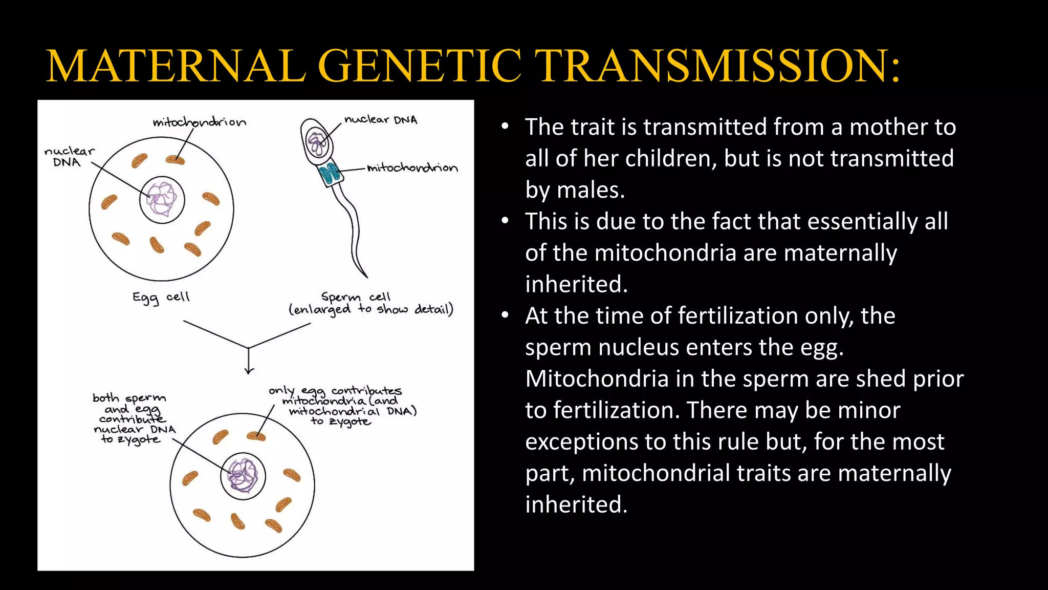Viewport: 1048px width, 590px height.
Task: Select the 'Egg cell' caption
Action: click(x=161, y=298)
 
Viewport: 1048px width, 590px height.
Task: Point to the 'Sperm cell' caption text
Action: click(x=356, y=297)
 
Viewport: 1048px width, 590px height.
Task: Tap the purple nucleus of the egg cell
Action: click(x=162, y=200)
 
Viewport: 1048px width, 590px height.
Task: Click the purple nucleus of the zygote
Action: click(x=243, y=476)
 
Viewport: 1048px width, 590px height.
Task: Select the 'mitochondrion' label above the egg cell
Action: click(x=200, y=122)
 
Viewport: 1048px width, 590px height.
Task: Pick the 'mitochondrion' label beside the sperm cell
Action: click(x=412, y=168)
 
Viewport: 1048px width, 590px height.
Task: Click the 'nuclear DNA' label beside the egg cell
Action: click(x=69, y=157)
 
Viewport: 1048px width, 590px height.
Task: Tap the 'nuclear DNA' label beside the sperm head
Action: click(x=381, y=120)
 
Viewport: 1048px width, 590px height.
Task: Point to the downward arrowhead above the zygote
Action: click(x=249, y=371)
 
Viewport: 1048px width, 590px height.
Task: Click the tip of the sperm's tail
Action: click(x=366, y=277)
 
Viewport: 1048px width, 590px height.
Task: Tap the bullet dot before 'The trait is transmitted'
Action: click(x=505, y=126)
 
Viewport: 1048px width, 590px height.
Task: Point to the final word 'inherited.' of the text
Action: click(x=576, y=504)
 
